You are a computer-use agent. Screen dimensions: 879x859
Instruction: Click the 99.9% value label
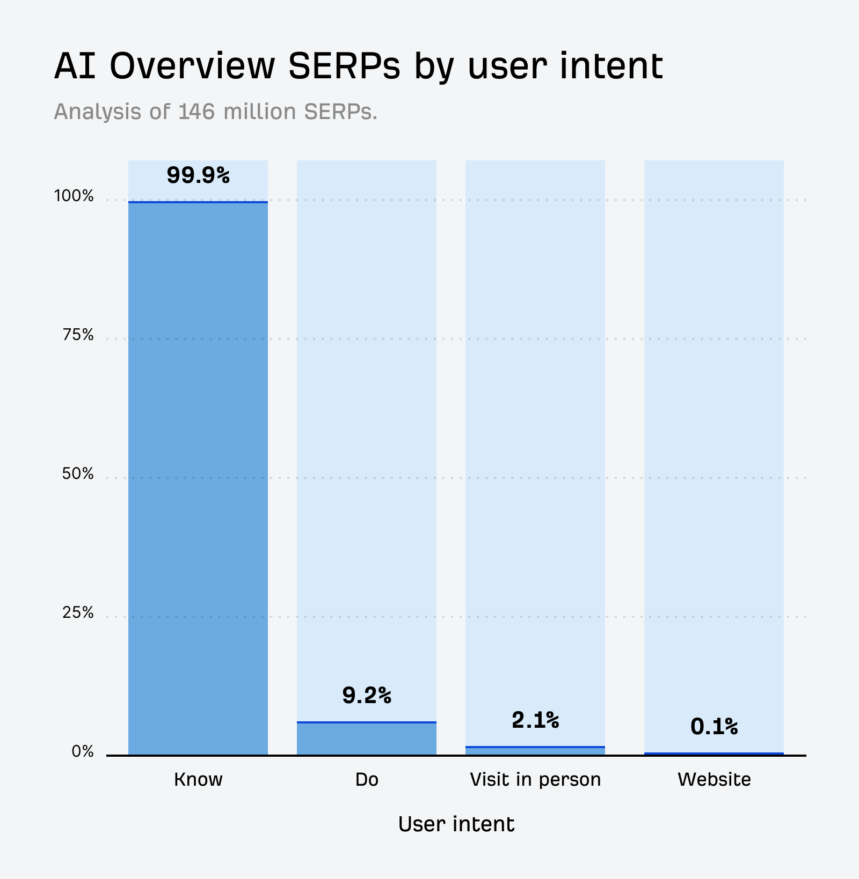click(x=198, y=175)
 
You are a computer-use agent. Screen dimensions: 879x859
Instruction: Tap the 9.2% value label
click(x=367, y=696)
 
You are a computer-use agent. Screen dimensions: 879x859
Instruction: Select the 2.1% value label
click(x=535, y=720)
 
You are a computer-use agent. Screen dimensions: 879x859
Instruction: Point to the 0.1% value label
click(x=714, y=727)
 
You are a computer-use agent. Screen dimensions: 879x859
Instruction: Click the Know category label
click(x=198, y=779)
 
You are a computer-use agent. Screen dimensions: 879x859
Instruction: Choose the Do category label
click(x=367, y=779)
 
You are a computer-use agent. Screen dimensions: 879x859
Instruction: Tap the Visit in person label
click(x=535, y=779)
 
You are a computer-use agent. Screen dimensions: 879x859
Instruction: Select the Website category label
click(x=714, y=779)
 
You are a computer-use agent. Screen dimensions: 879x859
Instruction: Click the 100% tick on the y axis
click(x=74, y=196)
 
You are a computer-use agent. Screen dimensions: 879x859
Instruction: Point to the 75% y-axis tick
click(x=78, y=335)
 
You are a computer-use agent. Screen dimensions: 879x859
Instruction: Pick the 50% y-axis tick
click(x=78, y=474)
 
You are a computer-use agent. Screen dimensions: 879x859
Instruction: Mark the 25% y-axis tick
click(x=78, y=612)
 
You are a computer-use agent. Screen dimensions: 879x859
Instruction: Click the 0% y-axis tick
click(x=83, y=752)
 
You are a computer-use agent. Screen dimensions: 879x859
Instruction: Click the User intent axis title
click(x=456, y=824)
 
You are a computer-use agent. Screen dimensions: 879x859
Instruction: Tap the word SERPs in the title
click(x=344, y=66)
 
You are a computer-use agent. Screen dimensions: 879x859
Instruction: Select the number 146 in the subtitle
click(x=196, y=112)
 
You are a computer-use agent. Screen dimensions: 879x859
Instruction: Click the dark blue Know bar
click(x=198, y=477)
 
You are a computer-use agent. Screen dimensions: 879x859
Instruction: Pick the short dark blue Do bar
click(x=367, y=739)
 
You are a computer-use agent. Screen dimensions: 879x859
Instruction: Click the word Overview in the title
click(x=192, y=66)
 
